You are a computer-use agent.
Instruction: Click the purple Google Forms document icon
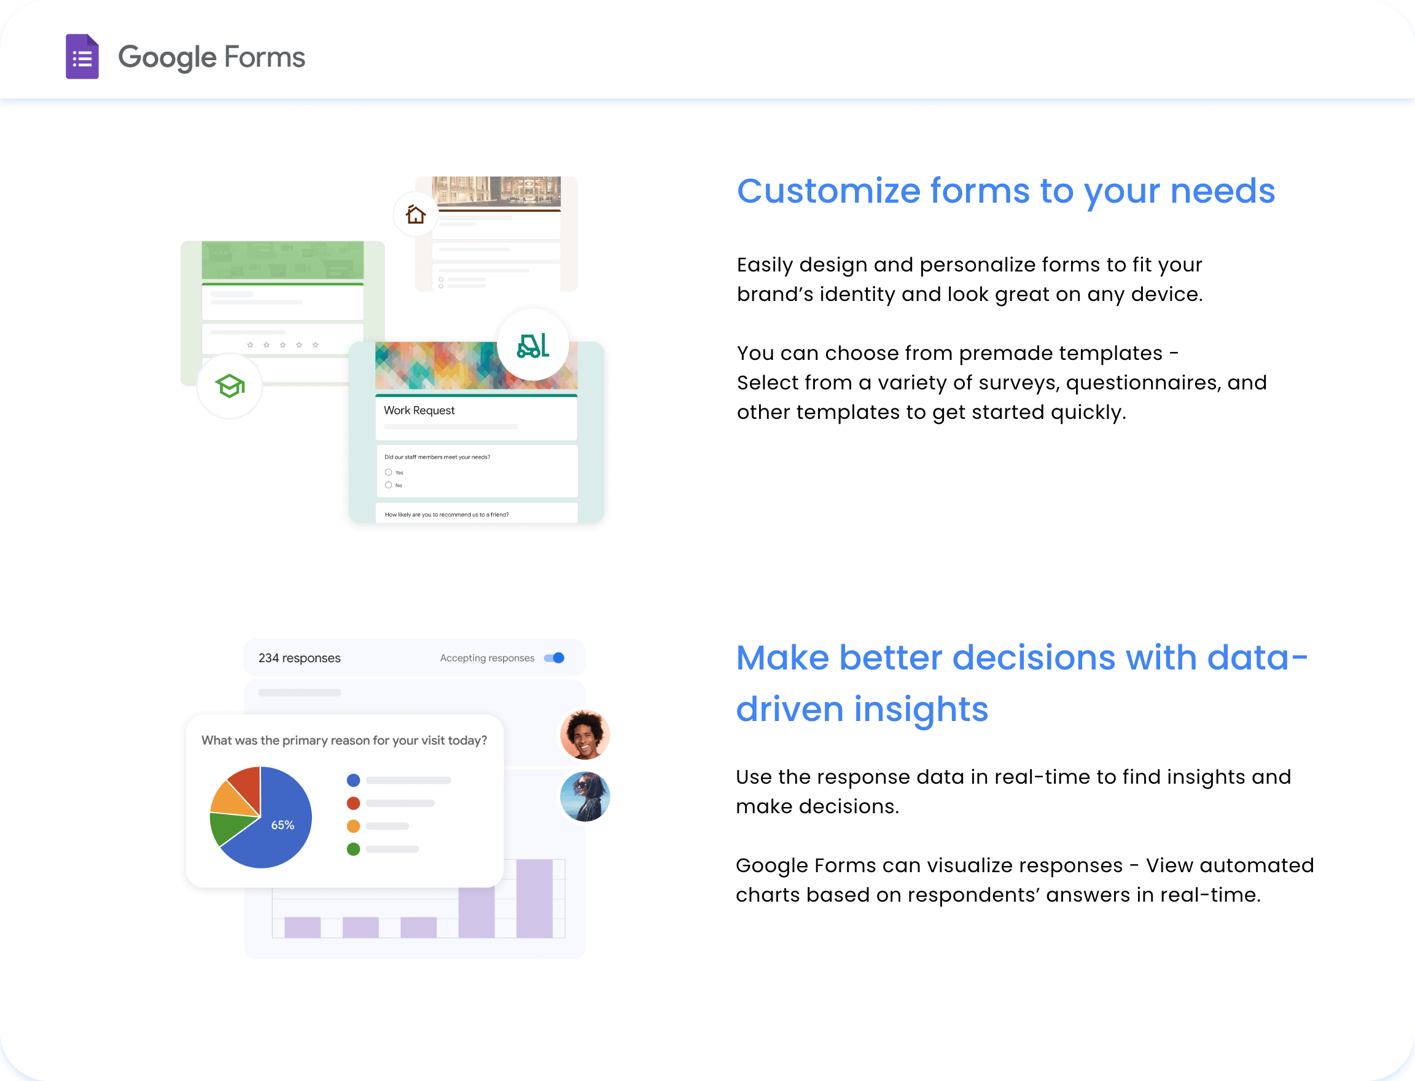point(82,57)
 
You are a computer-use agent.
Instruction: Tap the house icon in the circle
point(416,214)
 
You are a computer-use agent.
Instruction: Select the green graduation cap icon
point(230,386)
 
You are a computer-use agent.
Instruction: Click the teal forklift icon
point(533,346)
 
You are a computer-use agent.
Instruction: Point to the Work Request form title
point(419,410)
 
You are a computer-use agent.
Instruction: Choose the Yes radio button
point(389,472)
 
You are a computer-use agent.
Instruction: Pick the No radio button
point(389,485)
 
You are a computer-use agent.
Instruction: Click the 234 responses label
point(299,658)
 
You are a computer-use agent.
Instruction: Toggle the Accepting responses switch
point(554,658)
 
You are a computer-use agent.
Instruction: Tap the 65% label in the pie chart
point(283,825)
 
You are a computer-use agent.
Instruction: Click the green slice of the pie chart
point(229,829)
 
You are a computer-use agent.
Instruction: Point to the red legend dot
point(353,803)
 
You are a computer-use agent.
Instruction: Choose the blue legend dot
point(353,781)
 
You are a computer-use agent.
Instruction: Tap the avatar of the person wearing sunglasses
point(585,797)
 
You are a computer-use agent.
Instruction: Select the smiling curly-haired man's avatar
point(585,735)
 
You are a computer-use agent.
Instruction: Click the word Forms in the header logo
point(265,57)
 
